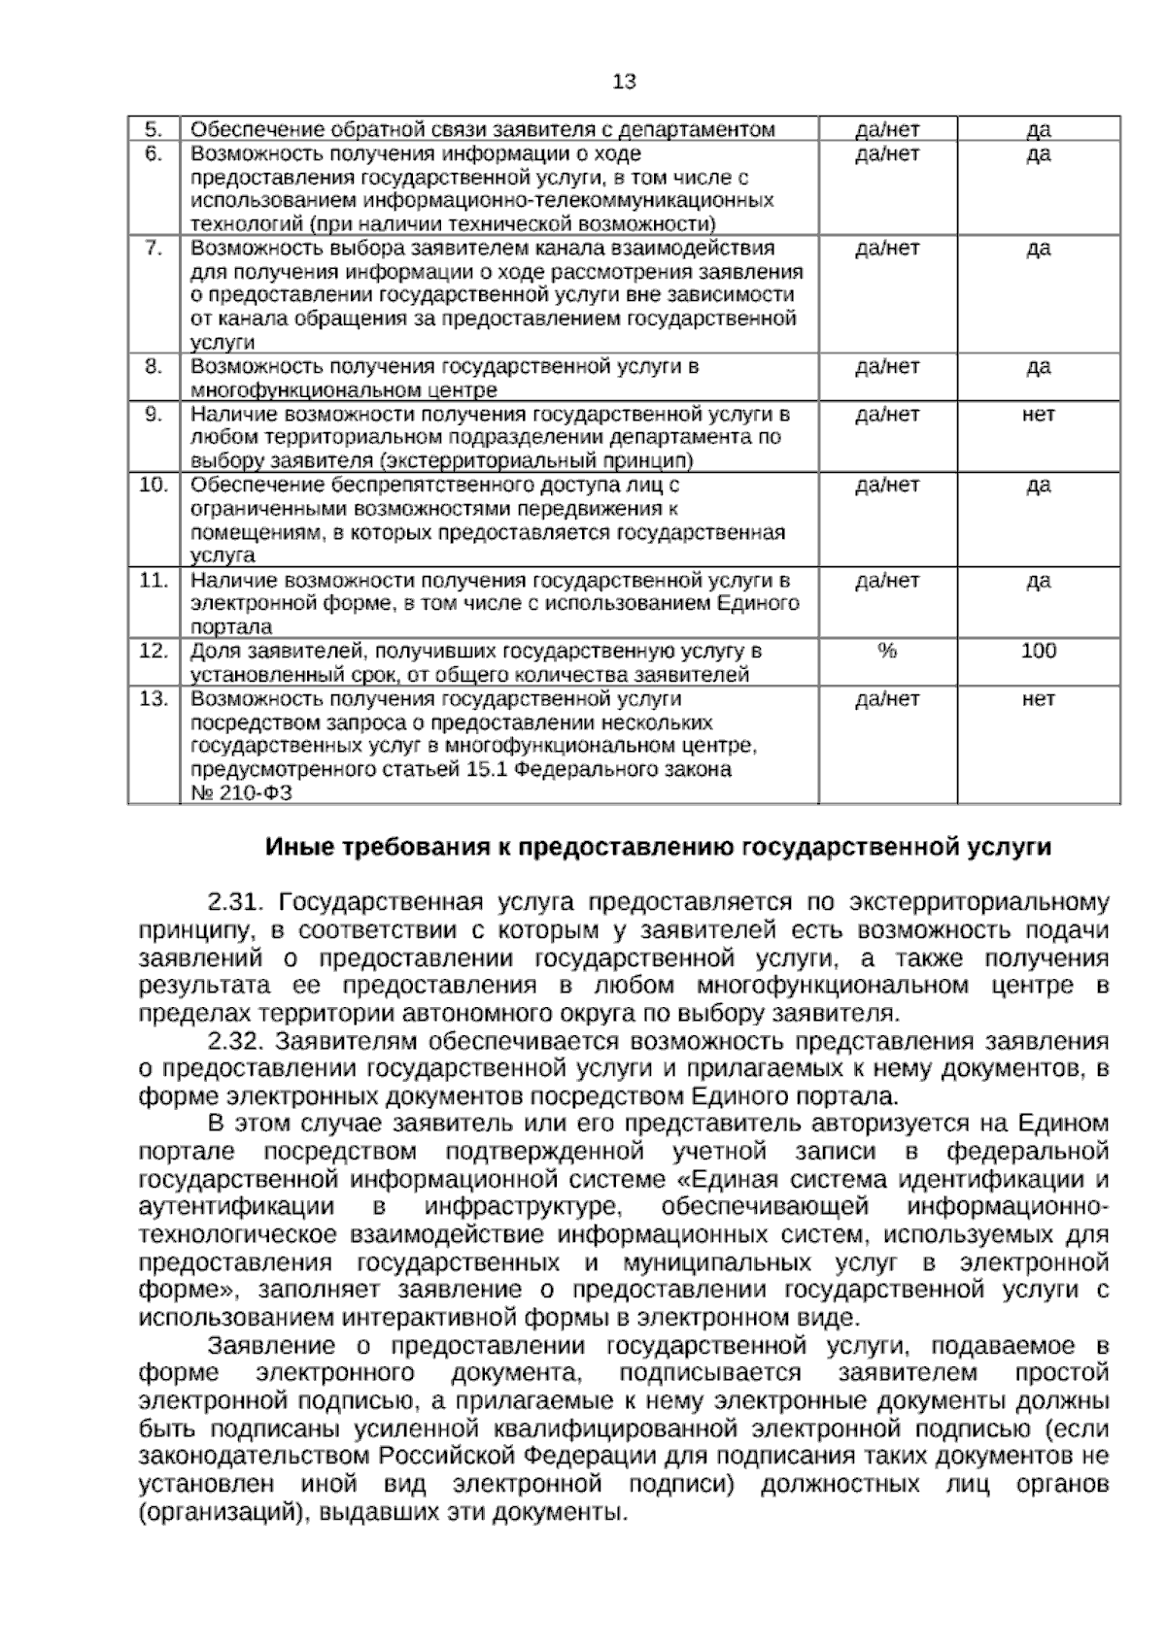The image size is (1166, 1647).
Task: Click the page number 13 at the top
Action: point(625,83)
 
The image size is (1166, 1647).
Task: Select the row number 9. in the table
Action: point(154,415)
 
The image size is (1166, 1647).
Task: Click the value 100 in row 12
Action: point(1038,651)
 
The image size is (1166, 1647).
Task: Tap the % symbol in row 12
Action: point(886,651)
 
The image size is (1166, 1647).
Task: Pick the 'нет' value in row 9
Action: point(1038,415)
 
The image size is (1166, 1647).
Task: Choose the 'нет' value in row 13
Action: point(1038,699)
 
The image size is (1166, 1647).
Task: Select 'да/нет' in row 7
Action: point(886,249)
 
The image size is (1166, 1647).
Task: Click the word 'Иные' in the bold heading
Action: point(297,848)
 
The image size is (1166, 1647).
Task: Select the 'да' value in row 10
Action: point(1038,486)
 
